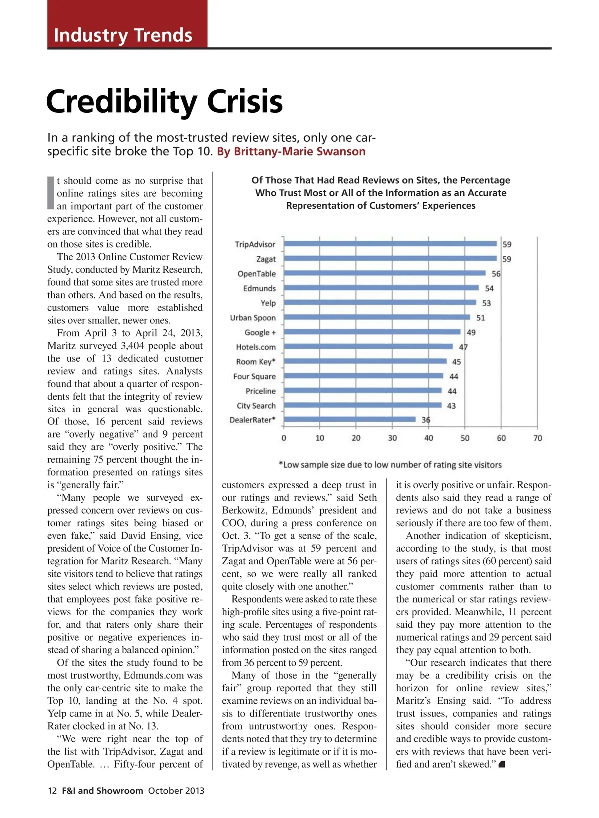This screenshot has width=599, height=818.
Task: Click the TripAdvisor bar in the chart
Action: (389, 244)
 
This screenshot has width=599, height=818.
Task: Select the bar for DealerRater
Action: (349, 420)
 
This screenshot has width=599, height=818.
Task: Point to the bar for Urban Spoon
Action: (376, 317)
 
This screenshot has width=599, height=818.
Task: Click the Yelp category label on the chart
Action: (268, 303)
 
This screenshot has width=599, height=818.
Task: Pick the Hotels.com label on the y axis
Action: (256, 347)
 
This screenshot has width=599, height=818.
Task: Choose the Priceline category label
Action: (260, 391)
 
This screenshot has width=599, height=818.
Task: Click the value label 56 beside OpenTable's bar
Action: (496, 274)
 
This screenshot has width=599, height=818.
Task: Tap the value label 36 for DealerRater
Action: (426, 420)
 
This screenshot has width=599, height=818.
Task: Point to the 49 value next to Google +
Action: (471, 332)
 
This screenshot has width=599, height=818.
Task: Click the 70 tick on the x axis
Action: (537, 438)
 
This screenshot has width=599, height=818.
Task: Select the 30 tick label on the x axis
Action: (392, 438)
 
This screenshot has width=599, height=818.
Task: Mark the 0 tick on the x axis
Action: (284, 438)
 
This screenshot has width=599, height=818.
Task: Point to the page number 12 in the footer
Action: (52, 790)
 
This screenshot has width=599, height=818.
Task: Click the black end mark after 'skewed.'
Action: (502, 764)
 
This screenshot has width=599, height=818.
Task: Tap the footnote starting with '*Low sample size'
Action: (390, 465)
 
